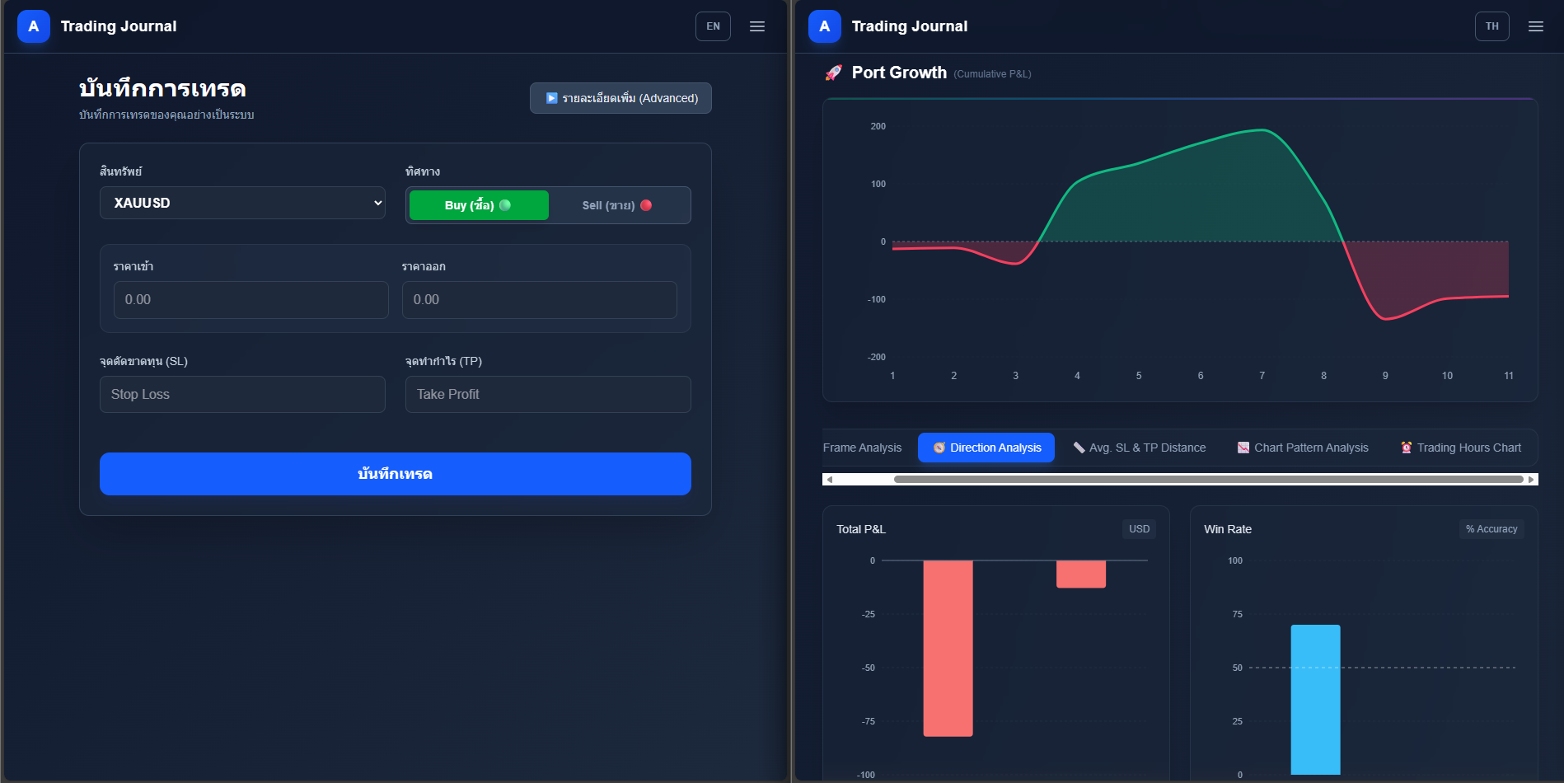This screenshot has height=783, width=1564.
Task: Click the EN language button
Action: (x=713, y=26)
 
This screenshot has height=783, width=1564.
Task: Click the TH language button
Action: (x=1491, y=26)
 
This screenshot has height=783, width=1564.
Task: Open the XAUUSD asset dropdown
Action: (x=242, y=203)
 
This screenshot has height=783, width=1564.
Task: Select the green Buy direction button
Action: (x=479, y=205)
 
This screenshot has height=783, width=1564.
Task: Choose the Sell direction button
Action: (x=617, y=205)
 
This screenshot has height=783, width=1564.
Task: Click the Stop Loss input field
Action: (x=242, y=394)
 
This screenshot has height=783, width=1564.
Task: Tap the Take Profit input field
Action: (x=548, y=394)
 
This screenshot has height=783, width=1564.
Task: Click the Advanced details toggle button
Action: (x=620, y=98)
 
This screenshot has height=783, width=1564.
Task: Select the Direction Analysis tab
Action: (x=986, y=448)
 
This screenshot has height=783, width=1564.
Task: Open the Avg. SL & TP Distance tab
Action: (x=1140, y=448)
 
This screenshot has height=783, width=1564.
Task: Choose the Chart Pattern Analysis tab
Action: (x=1303, y=448)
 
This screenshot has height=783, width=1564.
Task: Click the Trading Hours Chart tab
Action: (x=1461, y=448)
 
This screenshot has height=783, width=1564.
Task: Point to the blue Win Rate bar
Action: (x=1315, y=700)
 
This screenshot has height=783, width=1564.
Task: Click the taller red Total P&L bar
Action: (x=948, y=648)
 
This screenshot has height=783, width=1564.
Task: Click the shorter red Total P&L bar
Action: (x=1081, y=574)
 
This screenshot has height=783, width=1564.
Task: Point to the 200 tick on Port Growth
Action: (x=878, y=126)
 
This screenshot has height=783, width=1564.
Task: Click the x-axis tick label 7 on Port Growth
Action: (x=1262, y=376)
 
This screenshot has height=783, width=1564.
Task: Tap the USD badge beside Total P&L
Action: (x=1139, y=529)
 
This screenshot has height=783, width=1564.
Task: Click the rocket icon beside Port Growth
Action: (x=834, y=73)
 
